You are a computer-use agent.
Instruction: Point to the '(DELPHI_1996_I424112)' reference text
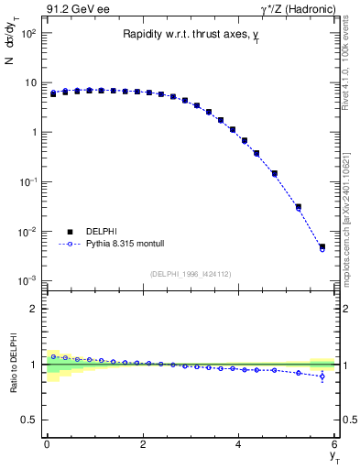pos(191,273)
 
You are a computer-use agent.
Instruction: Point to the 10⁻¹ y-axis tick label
pos(27,182)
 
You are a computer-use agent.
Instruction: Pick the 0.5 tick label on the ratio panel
pos(27,420)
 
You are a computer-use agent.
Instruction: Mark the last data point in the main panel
pos(322,247)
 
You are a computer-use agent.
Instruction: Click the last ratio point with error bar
pos(322,376)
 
